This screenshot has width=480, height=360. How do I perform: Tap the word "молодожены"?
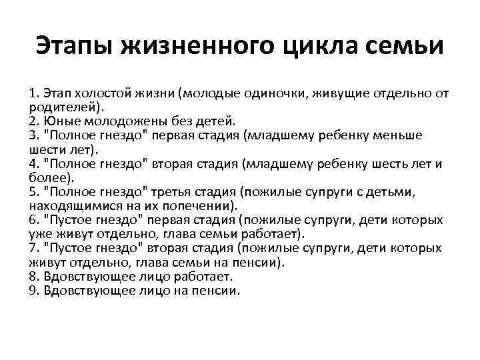pos(110,121)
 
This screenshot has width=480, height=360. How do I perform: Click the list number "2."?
pos(35,121)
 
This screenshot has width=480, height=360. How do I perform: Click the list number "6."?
pos(35,220)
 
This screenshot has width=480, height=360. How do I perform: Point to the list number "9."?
pos(35,291)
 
